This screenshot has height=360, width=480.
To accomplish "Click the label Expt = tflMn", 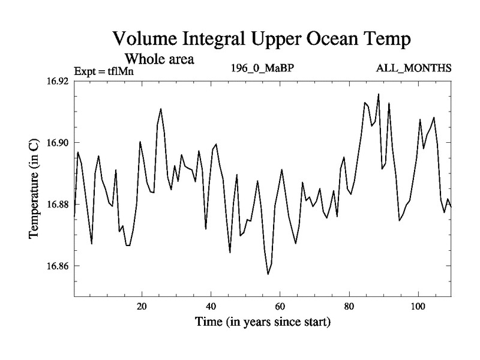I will click(103, 71).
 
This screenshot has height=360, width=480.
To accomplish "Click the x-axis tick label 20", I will click(142, 307).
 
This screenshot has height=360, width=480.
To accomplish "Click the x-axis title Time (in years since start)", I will click(262, 322).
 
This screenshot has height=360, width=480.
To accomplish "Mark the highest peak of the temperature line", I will click(378, 94).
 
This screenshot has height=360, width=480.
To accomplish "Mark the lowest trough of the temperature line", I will click(268, 274).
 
